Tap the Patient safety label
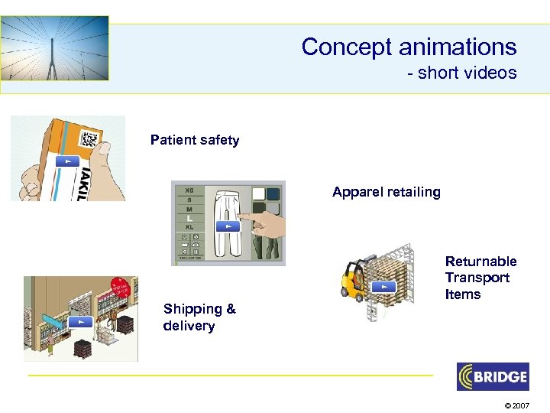click(195, 140)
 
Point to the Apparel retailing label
click(386, 192)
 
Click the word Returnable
click(480, 262)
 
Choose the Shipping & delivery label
click(199, 317)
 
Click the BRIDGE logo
click(492, 377)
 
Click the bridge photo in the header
click(55, 48)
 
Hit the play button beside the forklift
click(383, 286)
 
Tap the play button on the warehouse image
click(79, 321)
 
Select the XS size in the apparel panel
click(189, 189)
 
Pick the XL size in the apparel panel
click(189, 227)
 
